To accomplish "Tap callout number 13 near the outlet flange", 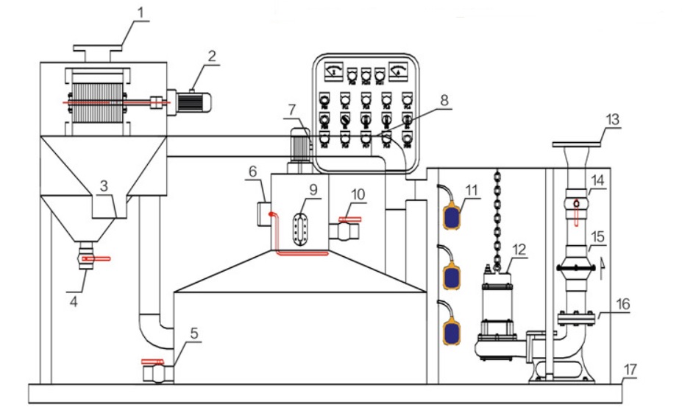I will (x=612, y=118).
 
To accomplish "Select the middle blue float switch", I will (x=451, y=275).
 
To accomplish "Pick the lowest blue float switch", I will (x=451, y=331).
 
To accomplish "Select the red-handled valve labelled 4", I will (x=87, y=260).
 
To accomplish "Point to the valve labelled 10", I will (x=345, y=231).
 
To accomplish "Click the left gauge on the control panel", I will (x=335, y=71).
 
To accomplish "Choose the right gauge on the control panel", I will (x=399, y=71).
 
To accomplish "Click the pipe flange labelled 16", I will (x=576, y=319).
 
